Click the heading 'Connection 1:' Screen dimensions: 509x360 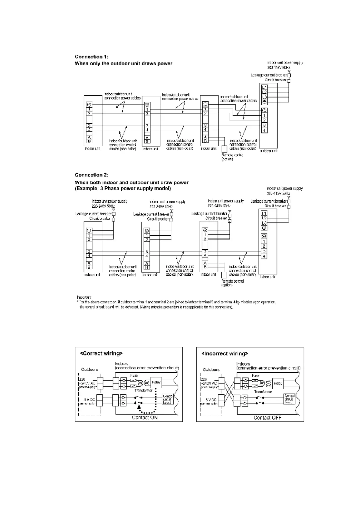click(91, 57)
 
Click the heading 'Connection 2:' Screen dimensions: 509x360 click(91, 175)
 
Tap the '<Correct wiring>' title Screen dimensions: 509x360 click(101, 353)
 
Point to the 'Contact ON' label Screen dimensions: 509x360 click(145, 417)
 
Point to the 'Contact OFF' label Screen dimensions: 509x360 click(267, 418)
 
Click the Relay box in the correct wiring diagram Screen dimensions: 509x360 click(156, 383)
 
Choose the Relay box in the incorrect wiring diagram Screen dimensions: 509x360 click(278, 384)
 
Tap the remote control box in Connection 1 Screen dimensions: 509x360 click(224, 149)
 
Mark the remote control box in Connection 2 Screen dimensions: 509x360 click(224, 275)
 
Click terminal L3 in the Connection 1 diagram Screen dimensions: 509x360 click(264, 97)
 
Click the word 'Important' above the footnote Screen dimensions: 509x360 click(84, 297)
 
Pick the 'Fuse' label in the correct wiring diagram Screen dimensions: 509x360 click(134, 376)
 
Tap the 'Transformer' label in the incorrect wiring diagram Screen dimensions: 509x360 click(263, 392)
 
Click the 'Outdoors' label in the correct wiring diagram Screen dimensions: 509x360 click(90, 370)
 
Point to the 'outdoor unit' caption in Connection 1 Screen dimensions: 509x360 click(268, 151)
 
